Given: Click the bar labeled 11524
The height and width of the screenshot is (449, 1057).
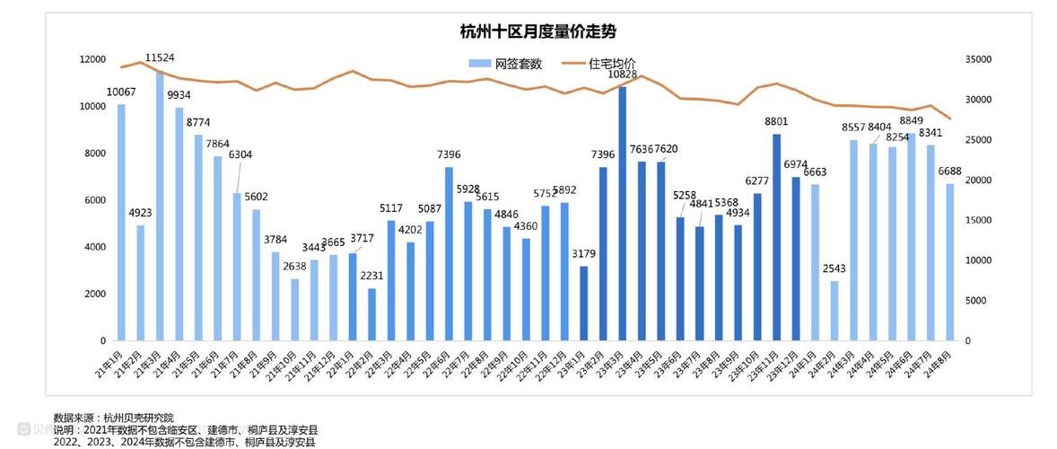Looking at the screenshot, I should coord(160,207).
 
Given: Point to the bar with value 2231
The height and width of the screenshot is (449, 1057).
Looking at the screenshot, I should coord(371,314).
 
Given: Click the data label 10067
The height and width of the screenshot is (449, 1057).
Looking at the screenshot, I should coord(121,92).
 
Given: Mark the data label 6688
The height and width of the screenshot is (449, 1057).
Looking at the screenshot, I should coord(950,172).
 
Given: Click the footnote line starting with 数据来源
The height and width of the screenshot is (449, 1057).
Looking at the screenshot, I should coord(115,418).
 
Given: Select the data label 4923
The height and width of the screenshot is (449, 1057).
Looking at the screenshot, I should coord(141,213).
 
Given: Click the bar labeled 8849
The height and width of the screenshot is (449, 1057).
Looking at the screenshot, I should coord(912,237).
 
